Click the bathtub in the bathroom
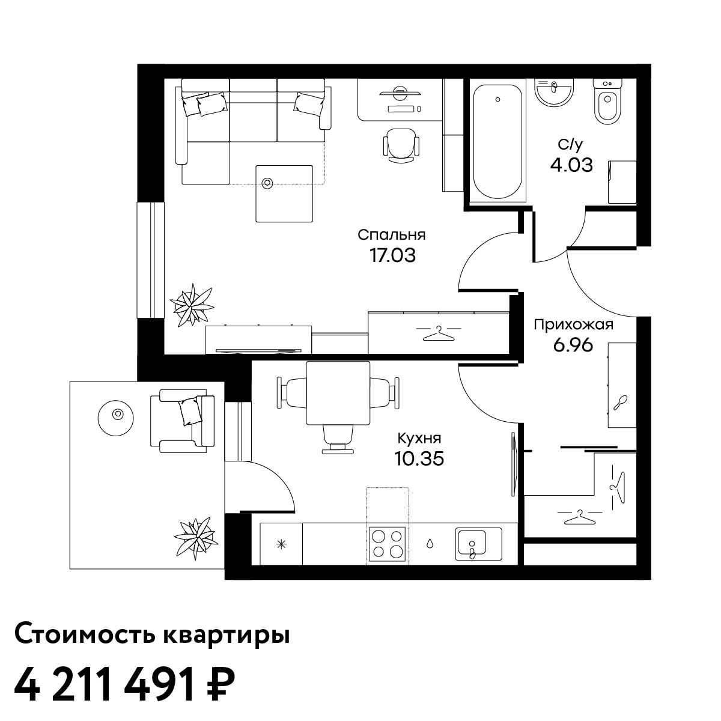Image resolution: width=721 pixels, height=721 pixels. pos(497,141)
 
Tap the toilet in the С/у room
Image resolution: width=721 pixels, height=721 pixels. pos(607,102)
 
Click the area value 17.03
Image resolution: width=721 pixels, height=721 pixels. pos(392,255)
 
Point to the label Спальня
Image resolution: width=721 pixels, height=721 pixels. pos(391,235)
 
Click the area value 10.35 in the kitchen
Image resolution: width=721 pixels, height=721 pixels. pos(419,458)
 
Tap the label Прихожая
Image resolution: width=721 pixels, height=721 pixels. pos(574,324)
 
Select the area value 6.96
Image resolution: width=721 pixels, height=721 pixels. pos(573,345)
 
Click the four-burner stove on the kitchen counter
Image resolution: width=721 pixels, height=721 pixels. pos(388,544)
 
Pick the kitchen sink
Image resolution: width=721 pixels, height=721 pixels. pos(478,544)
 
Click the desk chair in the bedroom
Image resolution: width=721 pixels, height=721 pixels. pos(401,145)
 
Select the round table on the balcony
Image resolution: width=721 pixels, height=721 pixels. pos(116,418)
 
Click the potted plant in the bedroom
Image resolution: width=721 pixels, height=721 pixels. pos(192,305)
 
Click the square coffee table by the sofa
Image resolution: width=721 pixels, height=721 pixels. pos(284,194)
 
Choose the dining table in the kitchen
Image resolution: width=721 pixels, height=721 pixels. pos(338,393)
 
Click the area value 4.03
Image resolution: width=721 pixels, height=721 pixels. pos(571,165)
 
